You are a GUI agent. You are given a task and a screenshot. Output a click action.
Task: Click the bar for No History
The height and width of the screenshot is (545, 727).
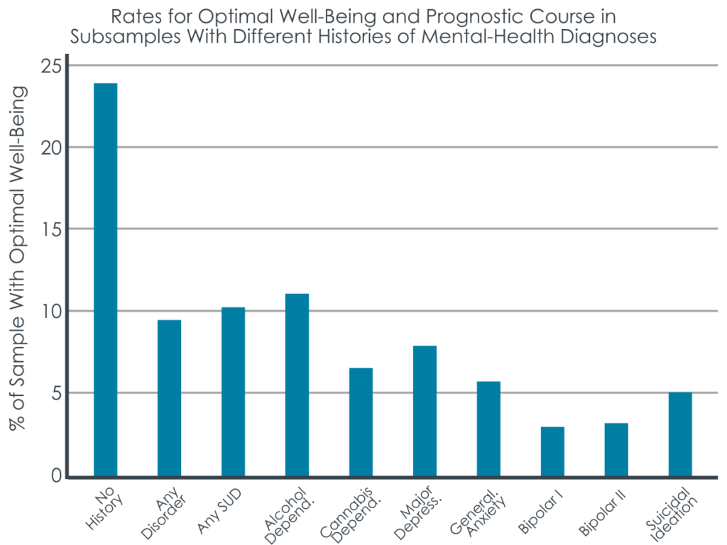click(105, 280)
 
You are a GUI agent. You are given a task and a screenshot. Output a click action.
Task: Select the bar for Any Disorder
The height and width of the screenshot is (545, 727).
click(169, 398)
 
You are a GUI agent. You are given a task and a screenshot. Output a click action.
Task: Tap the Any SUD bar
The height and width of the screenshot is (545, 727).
click(233, 392)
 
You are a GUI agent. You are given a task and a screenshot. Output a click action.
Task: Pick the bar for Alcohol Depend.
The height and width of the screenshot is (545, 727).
click(297, 385)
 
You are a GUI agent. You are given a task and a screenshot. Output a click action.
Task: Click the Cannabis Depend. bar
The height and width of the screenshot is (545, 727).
click(361, 422)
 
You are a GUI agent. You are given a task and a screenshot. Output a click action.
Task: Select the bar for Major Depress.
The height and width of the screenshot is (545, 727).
click(425, 411)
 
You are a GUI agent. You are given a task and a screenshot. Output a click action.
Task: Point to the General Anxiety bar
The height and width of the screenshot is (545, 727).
click(488, 429)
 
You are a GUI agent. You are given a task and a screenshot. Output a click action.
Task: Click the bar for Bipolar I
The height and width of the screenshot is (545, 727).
click(552, 451)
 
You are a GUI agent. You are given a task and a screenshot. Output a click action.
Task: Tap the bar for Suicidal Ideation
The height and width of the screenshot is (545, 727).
click(680, 434)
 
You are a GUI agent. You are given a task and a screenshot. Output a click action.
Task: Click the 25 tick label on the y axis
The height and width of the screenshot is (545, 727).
click(50, 66)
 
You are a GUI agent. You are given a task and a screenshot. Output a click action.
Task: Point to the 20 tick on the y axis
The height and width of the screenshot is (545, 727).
click(50, 148)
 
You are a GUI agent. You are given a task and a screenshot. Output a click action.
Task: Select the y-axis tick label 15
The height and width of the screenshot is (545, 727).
click(50, 229)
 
